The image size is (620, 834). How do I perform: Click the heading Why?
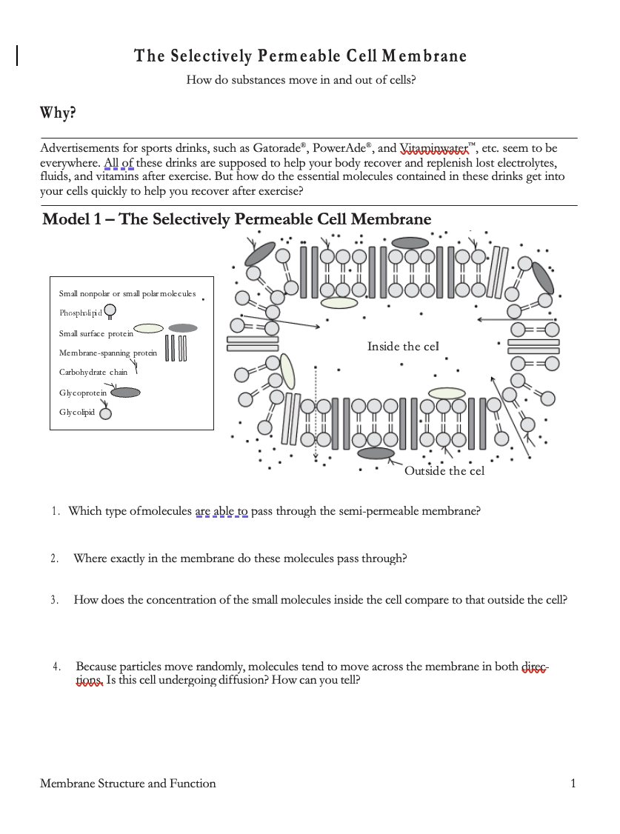(x=58, y=113)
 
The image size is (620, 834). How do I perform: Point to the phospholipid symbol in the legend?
(x=110, y=311)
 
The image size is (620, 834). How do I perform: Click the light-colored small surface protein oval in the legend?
(x=149, y=328)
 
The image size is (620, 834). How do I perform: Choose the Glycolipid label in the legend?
(x=77, y=412)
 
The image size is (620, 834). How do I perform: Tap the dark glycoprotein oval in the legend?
(x=125, y=393)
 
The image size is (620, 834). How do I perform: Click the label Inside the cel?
(x=403, y=347)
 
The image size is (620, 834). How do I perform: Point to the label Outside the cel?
(x=444, y=471)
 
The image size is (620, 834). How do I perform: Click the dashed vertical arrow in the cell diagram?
(x=316, y=411)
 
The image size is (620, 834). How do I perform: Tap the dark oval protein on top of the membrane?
(x=410, y=242)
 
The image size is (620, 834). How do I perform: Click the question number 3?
(x=54, y=601)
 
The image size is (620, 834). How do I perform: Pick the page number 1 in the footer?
(x=573, y=784)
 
